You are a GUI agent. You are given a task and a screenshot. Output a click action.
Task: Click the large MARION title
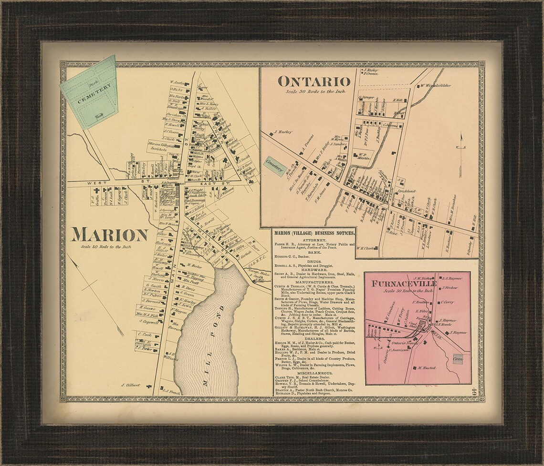(110, 235)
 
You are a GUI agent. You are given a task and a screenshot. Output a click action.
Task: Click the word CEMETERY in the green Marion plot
(95, 93)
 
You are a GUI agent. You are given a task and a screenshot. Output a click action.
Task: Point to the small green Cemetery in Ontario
(274, 162)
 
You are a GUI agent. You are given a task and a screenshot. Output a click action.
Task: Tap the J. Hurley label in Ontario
(282, 132)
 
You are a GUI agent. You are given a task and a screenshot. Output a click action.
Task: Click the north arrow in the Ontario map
(460, 145)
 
